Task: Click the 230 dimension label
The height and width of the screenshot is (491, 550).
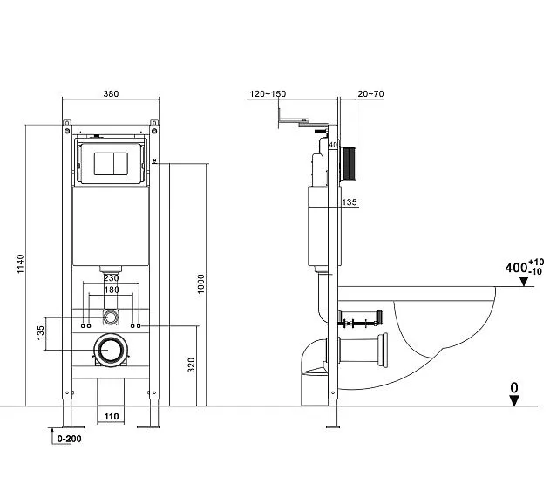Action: (111, 278)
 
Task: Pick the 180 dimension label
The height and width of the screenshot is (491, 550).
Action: (111, 290)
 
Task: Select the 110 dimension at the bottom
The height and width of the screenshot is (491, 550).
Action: (112, 417)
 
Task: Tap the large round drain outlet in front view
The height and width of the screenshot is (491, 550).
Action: (111, 351)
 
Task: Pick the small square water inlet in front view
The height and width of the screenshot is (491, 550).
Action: (111, 315)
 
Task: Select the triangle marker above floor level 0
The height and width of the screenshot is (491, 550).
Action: (514, 399)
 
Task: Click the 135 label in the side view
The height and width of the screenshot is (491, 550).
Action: (349, 203)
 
